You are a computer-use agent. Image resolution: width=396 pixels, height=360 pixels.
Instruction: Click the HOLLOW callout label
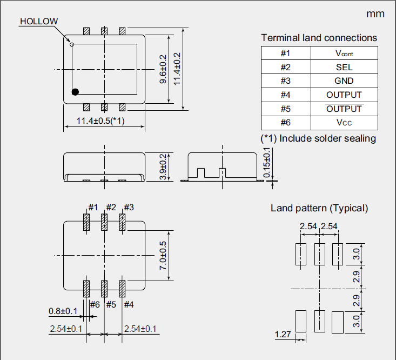[x=38, y=22]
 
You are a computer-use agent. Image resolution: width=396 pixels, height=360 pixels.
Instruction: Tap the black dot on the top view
[x=75, y=92]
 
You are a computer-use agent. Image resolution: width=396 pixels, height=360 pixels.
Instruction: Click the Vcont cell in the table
[x=344, y=53]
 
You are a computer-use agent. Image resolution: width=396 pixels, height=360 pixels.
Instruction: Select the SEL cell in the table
[x=344, y=67]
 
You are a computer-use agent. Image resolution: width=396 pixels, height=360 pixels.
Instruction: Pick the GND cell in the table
[x=344, y=81]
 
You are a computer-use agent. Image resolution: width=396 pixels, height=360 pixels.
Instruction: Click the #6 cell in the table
[x=286, y=123]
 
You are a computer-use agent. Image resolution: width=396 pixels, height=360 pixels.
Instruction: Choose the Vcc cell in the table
[x=344, y=123]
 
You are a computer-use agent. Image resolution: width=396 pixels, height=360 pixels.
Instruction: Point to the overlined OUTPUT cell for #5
[x=344, y=109]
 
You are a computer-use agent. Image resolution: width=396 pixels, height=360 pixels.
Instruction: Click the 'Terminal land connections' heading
[x=319, y=38]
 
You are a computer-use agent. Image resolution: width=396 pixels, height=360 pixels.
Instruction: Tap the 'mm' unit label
[x=375, y=14]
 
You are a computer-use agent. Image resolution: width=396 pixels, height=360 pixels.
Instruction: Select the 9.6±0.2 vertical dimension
[x=163, y=69]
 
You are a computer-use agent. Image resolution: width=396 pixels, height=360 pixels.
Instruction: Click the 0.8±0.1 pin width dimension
[x=63, y=311]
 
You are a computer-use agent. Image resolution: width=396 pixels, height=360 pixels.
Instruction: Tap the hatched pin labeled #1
[x=86, y=223]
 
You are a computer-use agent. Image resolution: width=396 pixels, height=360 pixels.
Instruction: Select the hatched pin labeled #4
[x=122, y=288]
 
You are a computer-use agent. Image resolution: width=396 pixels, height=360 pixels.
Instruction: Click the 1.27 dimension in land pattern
[x=283, y=335]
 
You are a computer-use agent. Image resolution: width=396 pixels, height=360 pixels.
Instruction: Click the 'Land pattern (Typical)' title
[x=319, y=208]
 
